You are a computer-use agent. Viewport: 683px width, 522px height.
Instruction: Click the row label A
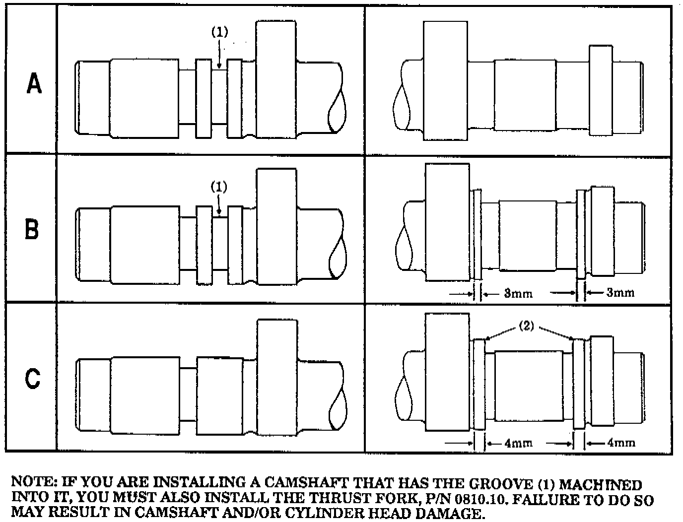click(x=34, y=84)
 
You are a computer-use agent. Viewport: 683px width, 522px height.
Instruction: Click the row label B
click(x=32, y=230)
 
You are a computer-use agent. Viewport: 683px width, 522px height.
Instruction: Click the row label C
click(x=33, y=379)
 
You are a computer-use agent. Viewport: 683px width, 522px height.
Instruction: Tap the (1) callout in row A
click(x=219, y=32)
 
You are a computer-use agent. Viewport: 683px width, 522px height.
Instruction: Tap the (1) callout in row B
click(x=219, y=187)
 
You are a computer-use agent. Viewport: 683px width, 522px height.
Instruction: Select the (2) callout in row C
click(x=527, y=326)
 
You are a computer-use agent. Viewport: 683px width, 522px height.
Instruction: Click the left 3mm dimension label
click(x=518, y=294)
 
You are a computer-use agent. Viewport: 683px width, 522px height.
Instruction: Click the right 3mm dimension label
click(x=620, y=293)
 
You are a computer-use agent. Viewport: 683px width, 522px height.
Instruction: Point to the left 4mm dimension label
click(x=518, y=443)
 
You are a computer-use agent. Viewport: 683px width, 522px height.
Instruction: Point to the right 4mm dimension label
click(x=621, y=443)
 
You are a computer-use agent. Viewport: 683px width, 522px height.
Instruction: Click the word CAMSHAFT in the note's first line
click(x=302, y=483)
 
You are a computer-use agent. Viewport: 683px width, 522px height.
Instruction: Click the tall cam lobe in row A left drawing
click(x=276, y=79)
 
